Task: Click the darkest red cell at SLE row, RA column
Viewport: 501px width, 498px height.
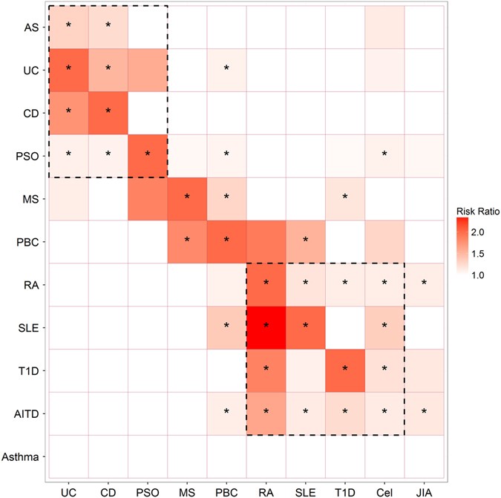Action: (x=266, y=328)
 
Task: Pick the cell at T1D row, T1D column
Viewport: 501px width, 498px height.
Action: (x=345, y=371)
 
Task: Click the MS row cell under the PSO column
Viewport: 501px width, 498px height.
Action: (x=148, y=199)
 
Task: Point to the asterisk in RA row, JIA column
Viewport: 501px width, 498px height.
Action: (x=424, y=285)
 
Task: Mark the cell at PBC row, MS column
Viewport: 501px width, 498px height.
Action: (x=187, y=242)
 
